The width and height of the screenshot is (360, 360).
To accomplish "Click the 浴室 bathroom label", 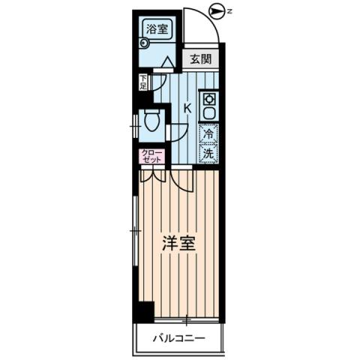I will pyautogui.click(x=157, y=29).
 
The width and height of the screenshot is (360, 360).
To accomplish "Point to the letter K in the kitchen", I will pyautogui.click(x=187, y=108).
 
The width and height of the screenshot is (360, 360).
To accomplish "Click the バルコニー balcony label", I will pyautogui.click(x=180, y=338).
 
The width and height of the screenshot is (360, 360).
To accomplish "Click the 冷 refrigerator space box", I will pyautogui.click(x=208, y=135).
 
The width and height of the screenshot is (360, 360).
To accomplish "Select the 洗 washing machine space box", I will pyautogui.click(x=208, y=154).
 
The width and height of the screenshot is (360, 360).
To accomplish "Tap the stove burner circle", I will pyautogui.click(x=208, y=99).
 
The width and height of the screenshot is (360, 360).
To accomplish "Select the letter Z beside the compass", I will pyautogui.click(x=229, y=10).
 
